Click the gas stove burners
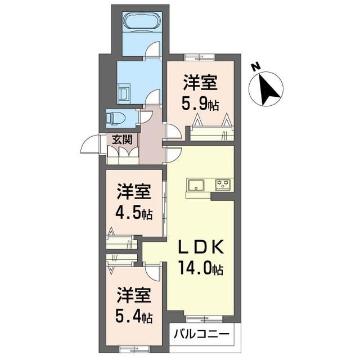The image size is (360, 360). (223, 184)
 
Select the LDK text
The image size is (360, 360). (202, 248)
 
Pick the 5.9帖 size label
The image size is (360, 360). (200, 104)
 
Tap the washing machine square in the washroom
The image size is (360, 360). (124, 91)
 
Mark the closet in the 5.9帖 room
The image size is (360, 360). (211, 133)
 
